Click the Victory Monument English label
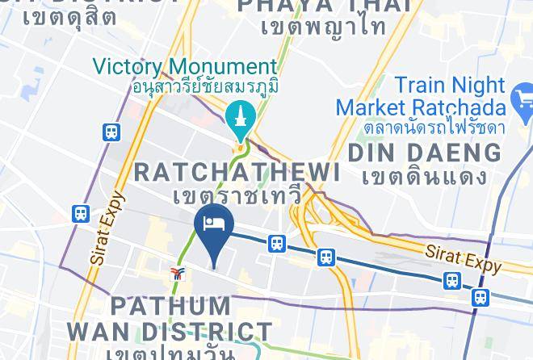(185, 66)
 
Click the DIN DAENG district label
(424, 152)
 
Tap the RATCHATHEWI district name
(237, 171)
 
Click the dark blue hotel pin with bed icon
(214, 225)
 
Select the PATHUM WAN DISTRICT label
(170, 318)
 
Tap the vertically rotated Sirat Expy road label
(107, 228)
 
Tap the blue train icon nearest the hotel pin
(277, 243)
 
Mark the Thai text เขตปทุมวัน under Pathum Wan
(174, 353)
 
